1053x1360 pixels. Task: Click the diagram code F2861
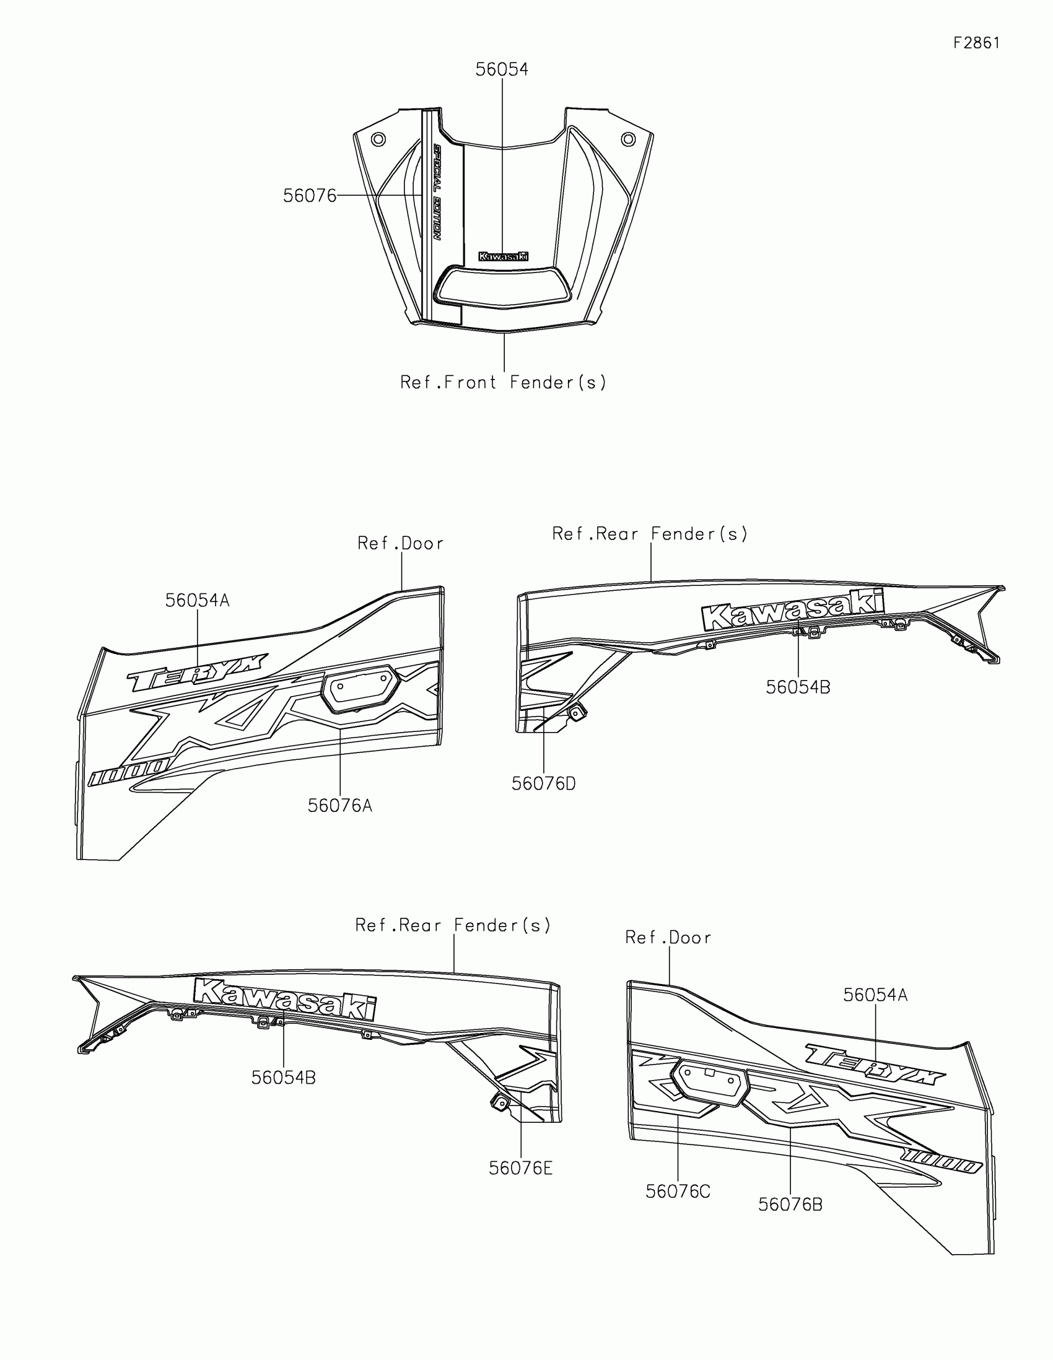pos(976,43)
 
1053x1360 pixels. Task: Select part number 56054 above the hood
pos(501,70)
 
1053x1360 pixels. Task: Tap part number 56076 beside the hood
pos(310,196)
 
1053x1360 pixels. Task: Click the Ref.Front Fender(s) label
pos(503,382)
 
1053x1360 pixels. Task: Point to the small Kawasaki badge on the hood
pos(503,256)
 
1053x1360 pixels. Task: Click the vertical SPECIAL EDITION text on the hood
pos(437,193)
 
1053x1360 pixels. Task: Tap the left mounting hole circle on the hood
pos(377,139)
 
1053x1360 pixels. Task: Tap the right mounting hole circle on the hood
pos(628,138)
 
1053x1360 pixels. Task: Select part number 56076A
pos(340,806)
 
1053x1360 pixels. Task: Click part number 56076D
pos(544,784)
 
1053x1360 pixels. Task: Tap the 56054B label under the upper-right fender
pos(798,687)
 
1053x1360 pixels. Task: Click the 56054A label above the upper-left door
pos(198,601)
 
